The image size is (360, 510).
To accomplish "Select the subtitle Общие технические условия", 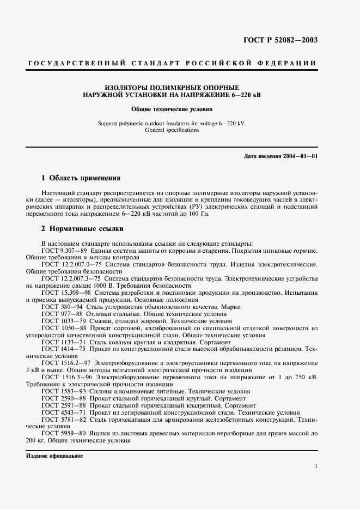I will (172, 109).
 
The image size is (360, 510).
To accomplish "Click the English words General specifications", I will (172, 130).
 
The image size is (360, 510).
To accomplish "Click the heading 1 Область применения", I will (81, 178).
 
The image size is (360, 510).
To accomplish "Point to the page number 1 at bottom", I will (315, 466).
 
